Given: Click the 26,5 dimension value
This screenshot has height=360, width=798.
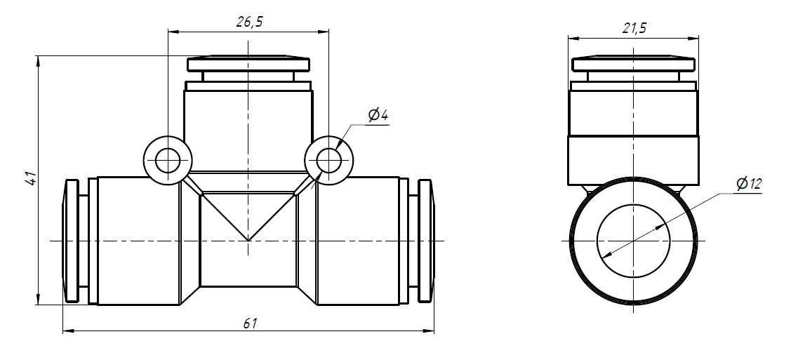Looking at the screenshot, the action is [x=249, y=22].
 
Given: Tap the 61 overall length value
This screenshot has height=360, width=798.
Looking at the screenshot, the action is [x=250, y=323].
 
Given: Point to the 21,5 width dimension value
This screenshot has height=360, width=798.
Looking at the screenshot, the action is [x=634, y=28].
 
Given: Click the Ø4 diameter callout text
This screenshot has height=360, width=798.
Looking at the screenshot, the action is [x=378, y=116].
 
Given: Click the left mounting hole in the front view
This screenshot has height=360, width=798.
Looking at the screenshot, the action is [x=168, y=161].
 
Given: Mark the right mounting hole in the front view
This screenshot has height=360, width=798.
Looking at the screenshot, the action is [x=328, y=161].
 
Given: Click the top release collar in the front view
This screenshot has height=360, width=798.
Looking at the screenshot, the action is [x=248, y=64].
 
